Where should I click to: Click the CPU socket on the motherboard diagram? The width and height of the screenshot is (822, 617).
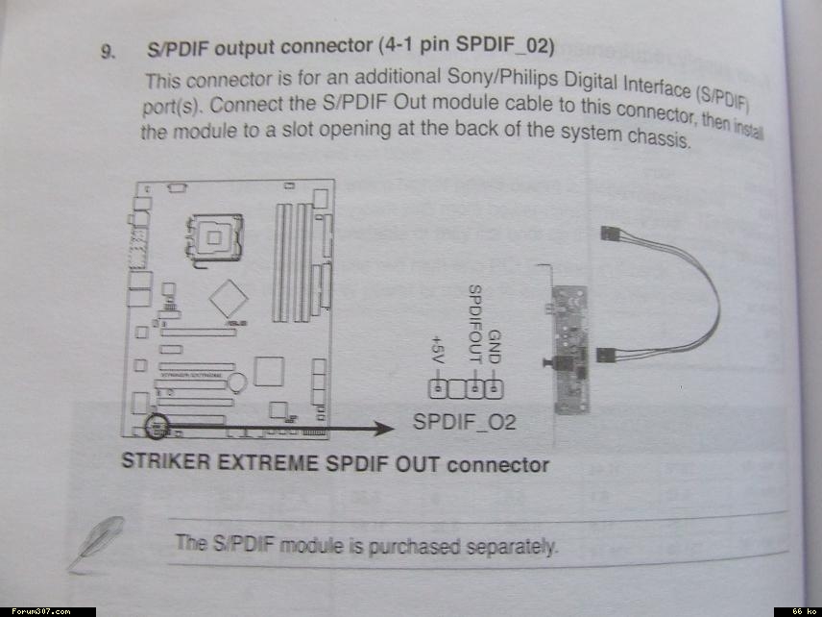[x=214, y=232]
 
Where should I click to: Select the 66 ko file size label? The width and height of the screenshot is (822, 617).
[x=803, y=611]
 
